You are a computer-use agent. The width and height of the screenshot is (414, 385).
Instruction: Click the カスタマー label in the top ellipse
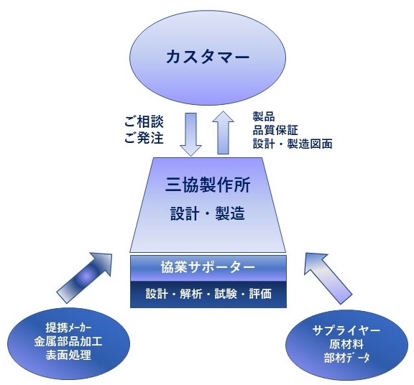coord(208,57)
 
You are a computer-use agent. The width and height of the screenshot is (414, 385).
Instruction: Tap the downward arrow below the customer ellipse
coord(190,134)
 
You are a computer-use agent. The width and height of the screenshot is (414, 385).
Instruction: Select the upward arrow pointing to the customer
coord(223,132)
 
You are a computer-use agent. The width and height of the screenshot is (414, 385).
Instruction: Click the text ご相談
coord(144,121)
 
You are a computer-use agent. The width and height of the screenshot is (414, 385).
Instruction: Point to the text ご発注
coord(144,137)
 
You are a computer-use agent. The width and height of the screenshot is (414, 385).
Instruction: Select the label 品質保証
coord(275,130)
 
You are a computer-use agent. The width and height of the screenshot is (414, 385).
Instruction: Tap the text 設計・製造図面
coord(293,144)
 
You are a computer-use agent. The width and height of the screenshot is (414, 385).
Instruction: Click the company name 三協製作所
coord(208,185)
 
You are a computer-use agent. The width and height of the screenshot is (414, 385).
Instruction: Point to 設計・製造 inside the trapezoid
coord(208,213)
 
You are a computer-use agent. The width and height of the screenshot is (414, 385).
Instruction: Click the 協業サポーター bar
coord(208,268)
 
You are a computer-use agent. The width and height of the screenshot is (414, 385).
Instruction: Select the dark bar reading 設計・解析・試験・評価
coord(208,294)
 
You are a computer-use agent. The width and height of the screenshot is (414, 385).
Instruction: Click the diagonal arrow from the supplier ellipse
coord(328,278)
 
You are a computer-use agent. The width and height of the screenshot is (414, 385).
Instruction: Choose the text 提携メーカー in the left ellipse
coord(69,328)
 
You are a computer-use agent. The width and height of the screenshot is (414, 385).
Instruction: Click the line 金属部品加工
coord(68,341)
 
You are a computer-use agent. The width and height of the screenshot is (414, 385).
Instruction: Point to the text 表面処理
coord(68,355)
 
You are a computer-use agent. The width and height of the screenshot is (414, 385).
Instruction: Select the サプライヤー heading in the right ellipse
coord(346,330)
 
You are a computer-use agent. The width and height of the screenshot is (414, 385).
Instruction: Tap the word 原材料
coord(346,344)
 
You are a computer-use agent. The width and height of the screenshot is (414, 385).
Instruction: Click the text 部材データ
coord(346,358)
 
